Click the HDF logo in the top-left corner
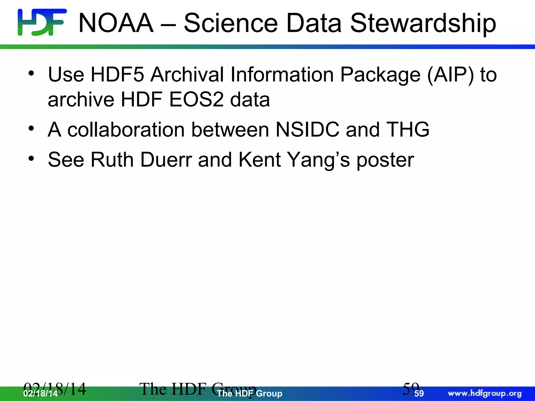pyautogui.click(x=42, y=22)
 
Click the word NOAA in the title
pyautogui.click(x=116, y=23)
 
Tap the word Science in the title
pyautogui.click(x=230, y=23)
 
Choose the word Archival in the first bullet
pyautogui.click(x=187, y=75)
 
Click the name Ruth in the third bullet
pyautogui.click(x=112, y=160)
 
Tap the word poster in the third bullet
pyautogui.click(x=385, y=160)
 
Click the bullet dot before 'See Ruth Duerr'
pyautogui.click(x=31, y=158)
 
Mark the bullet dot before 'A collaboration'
pyautogui.click(x=31, y=128)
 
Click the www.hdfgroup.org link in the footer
pyautogui.click(x=485, y=393)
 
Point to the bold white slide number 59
pyautogui.click(x=419, y=393)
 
